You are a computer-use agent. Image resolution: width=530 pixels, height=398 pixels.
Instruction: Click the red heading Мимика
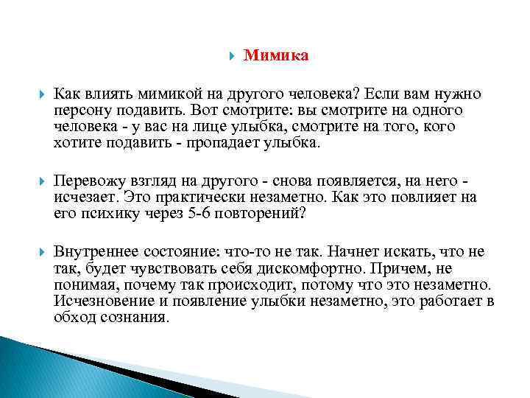pyautogui.click(x=276, y=56)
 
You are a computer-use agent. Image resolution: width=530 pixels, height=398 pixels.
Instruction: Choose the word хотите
pyautogui.click(x=74, y=142)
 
